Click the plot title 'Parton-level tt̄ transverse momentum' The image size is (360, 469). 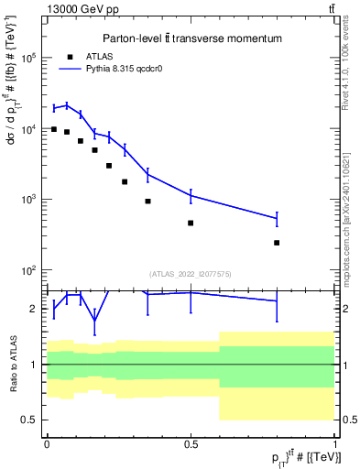(x=191, y=38)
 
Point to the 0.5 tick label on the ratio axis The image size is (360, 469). (x=28, y=420)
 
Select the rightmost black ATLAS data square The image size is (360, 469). (x=277, y=243)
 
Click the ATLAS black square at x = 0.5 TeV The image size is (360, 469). (x=191, y=223)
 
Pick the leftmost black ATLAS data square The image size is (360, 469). (x=54, y=129)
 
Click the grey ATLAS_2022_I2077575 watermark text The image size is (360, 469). (x=191, y=273)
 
